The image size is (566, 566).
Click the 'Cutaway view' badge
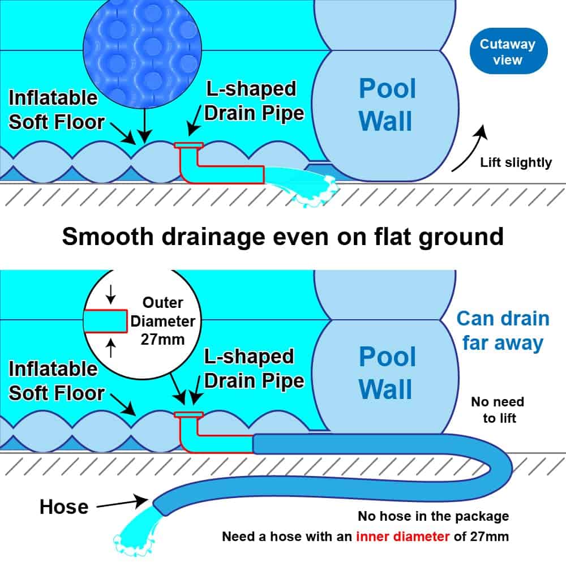click(x=507, y=52)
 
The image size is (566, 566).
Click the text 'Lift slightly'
click(x=516, y=163)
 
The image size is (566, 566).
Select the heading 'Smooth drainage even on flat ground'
click(x=282, y=236)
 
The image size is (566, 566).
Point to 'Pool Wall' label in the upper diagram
click(x=387, y=105)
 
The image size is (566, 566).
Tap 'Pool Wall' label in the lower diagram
click(x=387, y=373)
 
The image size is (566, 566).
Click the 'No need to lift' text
click(x=498, y=410)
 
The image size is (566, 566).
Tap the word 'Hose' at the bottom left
click(x=64, y=507)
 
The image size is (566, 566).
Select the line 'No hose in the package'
click(x=433, y=516)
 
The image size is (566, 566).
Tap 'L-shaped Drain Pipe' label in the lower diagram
click(x=255, y=369)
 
